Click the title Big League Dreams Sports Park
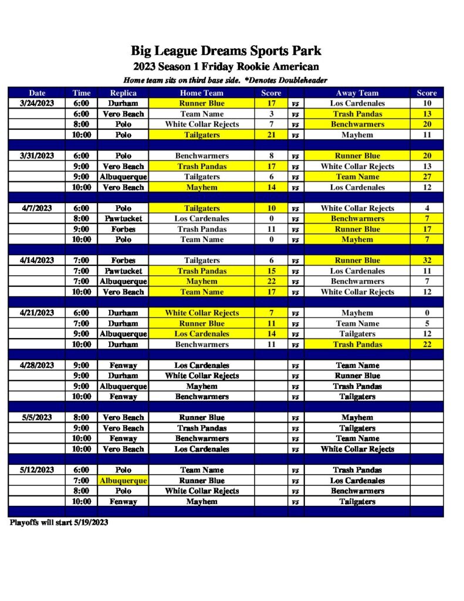click(x=226, y=51)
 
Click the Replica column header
click(x=123, y=93)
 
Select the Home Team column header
click(x=202, y=93)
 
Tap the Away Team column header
click(x=357, y=93)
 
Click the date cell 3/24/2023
click(x=37, y=103)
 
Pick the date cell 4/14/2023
click(x=37, y=261)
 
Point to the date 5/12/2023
click(x=37, y=470)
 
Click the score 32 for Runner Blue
click(x=426, y=261)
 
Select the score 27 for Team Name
click(x=426, y=177)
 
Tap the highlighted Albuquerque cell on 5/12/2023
click(x=123, y=481)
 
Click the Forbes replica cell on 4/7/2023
click(x=123, y=229)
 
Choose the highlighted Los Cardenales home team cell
click(x=202, y=334)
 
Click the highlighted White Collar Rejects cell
click(x=202, y=313)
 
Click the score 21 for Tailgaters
click(x=271, y=135)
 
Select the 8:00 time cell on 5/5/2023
click(x=81, y=418)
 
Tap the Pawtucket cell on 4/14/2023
click(x=123, y=271)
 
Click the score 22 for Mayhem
click(x=271, y=282)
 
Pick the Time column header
click(x=81, y=93)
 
